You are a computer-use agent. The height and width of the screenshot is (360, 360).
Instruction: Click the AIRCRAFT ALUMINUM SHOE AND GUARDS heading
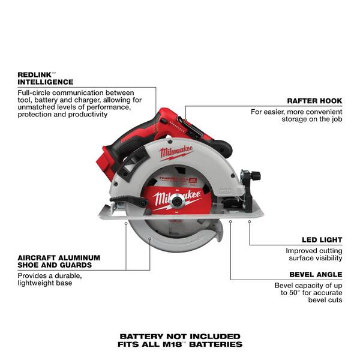tap(59, 260)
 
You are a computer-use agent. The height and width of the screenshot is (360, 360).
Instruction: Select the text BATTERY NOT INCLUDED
tap(180, 336)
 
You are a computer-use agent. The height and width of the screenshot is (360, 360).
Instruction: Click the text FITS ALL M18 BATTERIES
tap(180, 344)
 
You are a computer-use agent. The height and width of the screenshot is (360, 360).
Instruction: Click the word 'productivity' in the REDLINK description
tap(86, 114)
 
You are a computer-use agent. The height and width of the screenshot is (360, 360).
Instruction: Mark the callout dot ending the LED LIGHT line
tap(250, 221)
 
